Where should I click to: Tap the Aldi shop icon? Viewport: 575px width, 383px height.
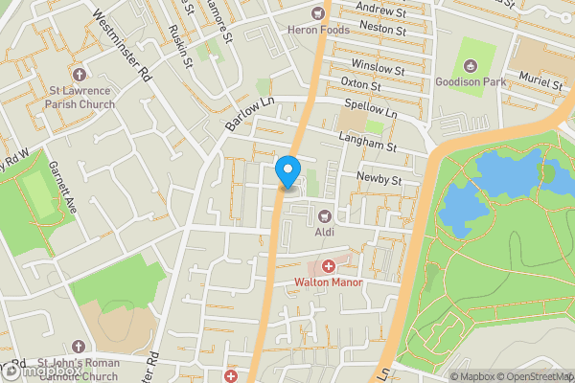pyautogui.click(x=324, y=215)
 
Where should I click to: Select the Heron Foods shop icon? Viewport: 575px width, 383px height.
pyautogui.click(x=319, y=13)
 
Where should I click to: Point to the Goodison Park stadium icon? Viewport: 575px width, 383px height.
pyautogui.click(x=470, y=65)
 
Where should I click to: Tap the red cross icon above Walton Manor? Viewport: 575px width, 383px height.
pyautogui.click(x=328, y=265)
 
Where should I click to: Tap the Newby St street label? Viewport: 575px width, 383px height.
pyautogui.click(x=376, y=179)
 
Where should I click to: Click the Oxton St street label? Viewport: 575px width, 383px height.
pyautogui.click(x=361, y=84)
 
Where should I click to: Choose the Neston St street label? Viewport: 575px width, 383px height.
pyautogui.click(x=382, y=30)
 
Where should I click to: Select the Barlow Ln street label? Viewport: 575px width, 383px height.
pyautogui.click(x=244, y=113)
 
